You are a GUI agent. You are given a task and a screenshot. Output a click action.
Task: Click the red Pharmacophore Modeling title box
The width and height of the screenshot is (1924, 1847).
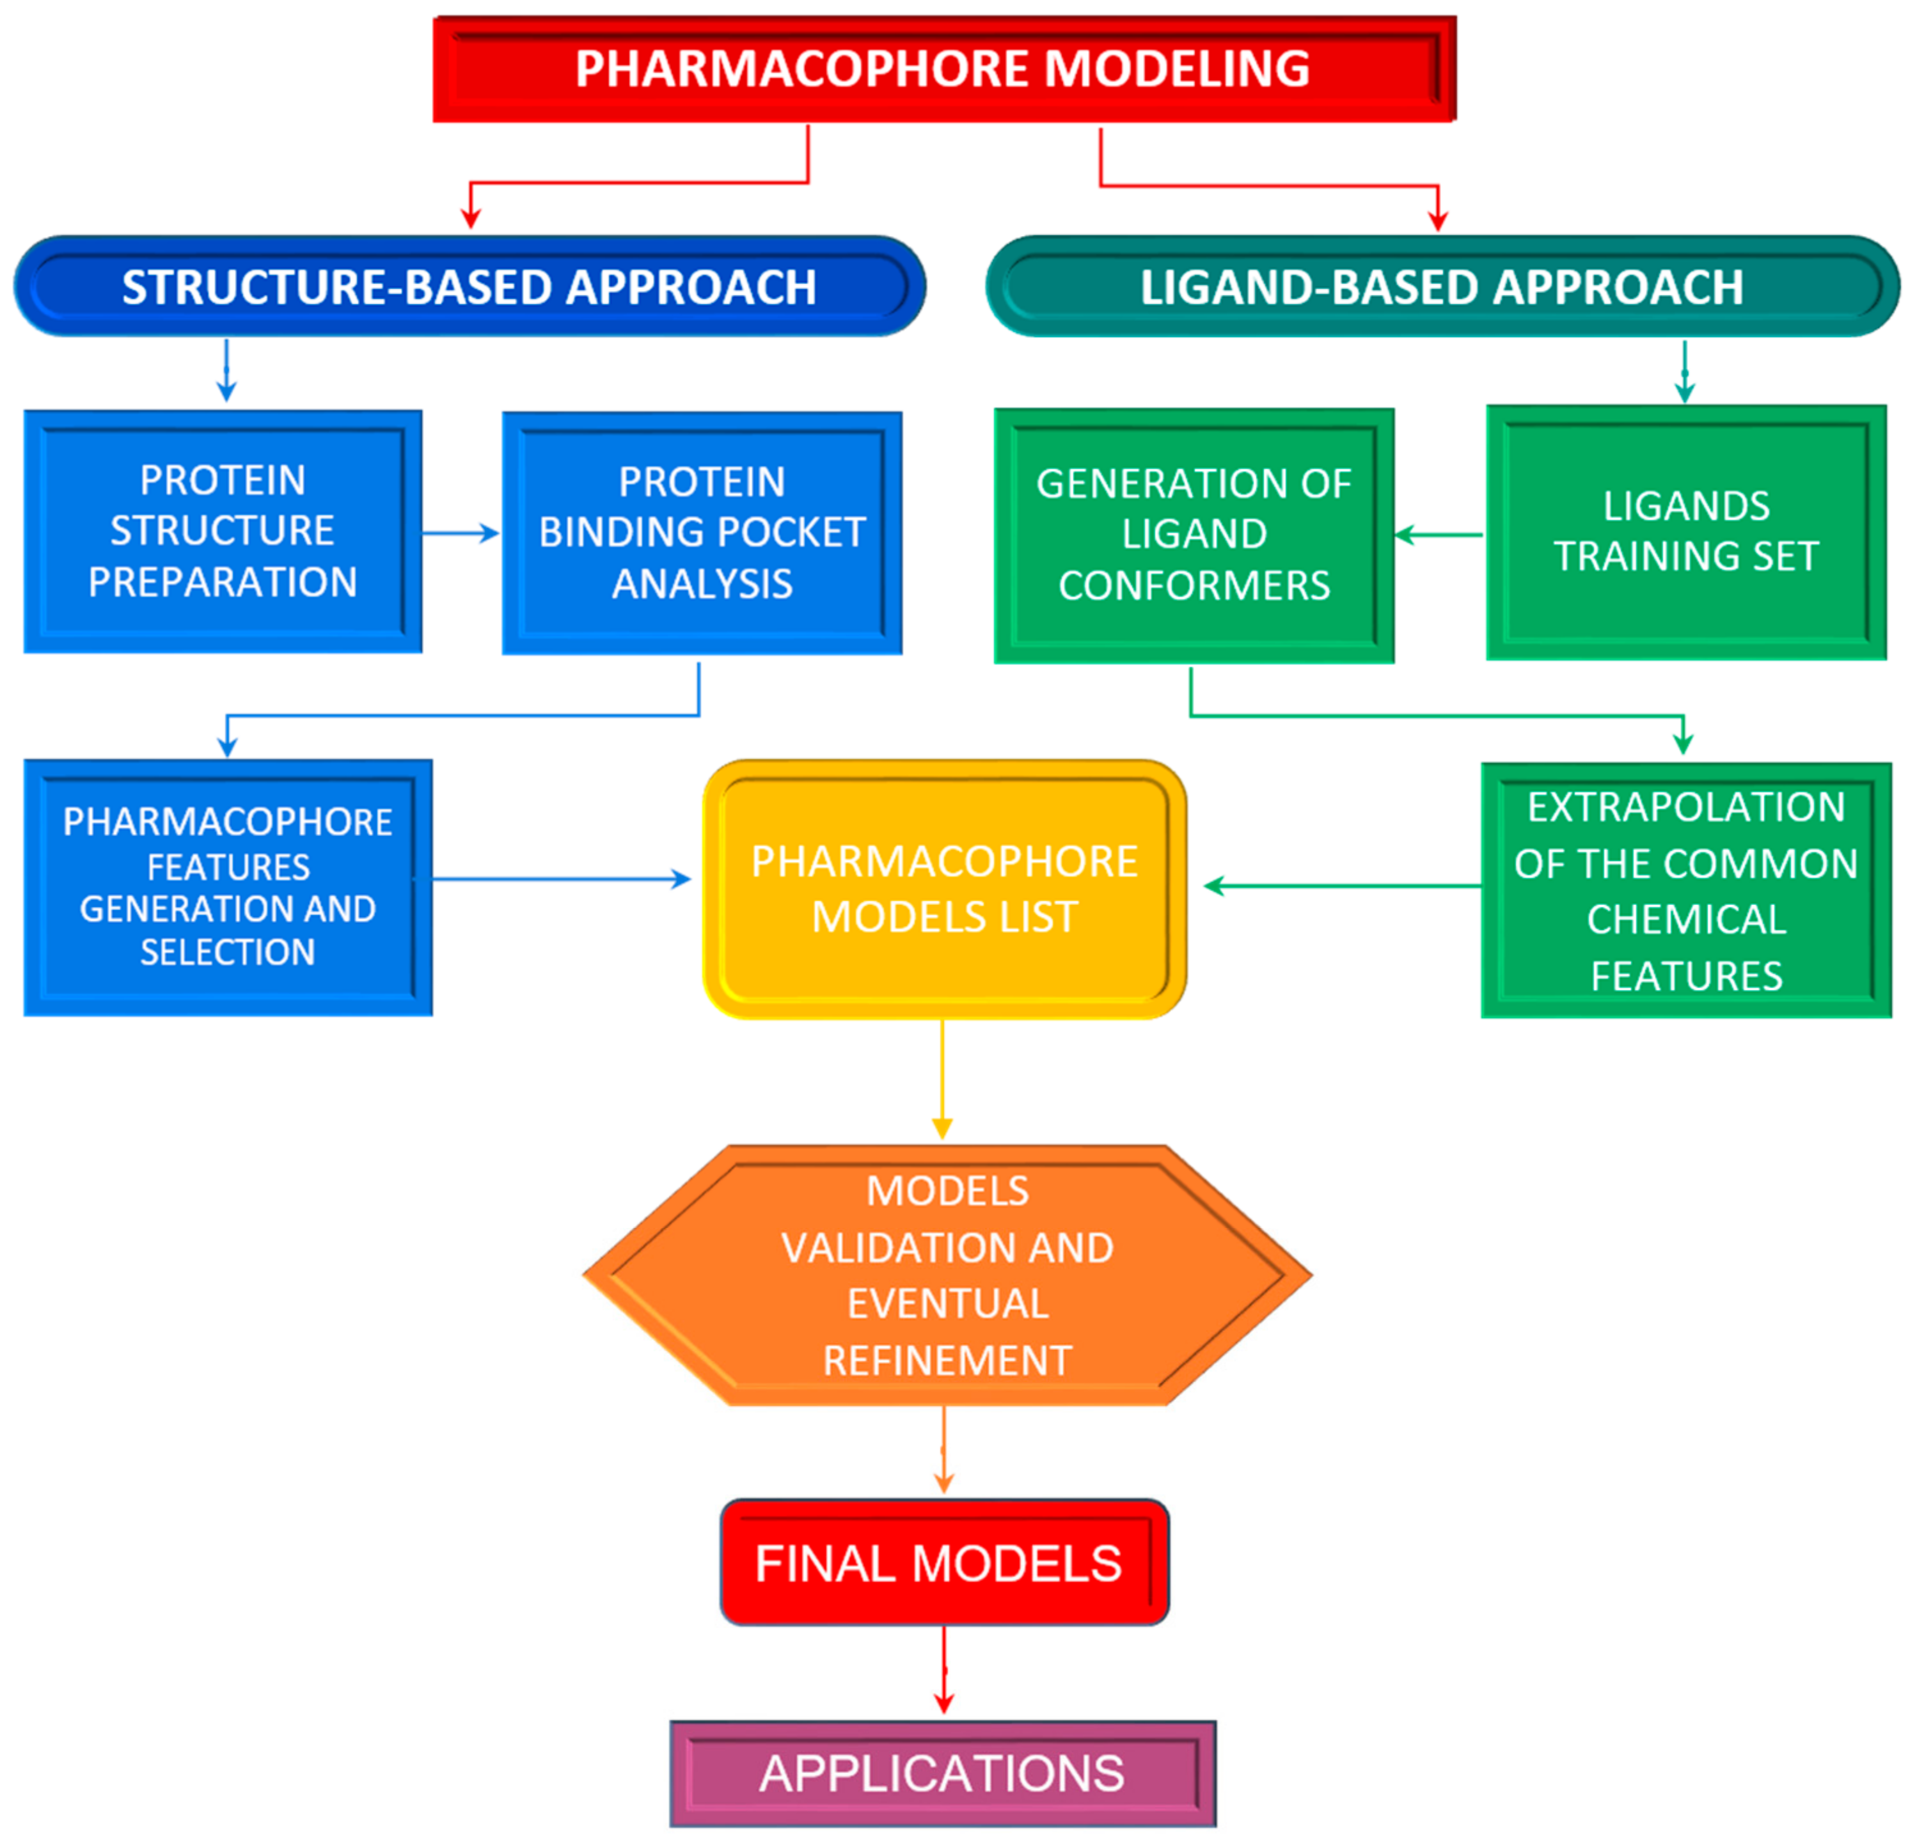944,68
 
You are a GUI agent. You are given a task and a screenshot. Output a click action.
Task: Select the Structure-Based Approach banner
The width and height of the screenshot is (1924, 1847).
469,287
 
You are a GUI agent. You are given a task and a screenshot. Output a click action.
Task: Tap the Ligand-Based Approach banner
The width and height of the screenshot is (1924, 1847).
1441,287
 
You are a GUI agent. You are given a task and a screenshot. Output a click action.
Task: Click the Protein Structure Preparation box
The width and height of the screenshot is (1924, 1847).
223,531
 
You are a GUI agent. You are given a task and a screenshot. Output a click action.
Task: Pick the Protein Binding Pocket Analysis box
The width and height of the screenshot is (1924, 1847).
702,533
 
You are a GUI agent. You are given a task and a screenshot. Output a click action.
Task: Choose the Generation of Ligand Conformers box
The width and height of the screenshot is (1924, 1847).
1194,535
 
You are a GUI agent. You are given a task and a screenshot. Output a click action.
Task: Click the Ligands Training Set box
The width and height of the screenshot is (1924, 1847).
1685,532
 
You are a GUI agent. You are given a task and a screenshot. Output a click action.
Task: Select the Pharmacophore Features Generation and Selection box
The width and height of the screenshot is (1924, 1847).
228,887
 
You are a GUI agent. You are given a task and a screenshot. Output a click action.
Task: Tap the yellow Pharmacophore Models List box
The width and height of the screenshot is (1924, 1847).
944,889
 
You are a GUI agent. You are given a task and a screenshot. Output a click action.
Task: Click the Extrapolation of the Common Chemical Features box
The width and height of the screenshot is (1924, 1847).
1685,890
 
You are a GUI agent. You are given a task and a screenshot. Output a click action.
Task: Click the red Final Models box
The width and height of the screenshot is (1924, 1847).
943,1562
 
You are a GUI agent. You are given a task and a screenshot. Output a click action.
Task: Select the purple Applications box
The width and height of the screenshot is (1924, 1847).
942,1773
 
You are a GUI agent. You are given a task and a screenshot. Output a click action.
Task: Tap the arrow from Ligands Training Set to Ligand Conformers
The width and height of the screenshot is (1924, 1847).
1439,535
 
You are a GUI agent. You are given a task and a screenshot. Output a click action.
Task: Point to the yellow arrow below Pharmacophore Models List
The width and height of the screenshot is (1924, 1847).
942,1080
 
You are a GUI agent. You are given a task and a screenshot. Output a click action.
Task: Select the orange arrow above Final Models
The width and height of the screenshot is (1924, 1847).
944,1450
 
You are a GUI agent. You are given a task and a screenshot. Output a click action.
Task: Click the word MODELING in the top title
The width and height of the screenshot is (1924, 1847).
1176,68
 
